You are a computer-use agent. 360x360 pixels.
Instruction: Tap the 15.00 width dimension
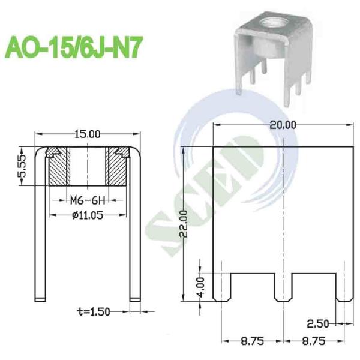(88, 134)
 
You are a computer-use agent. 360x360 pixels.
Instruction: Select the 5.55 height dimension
(22, 166)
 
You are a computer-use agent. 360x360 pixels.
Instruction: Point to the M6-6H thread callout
(88, 200)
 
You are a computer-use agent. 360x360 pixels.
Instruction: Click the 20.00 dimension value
(283, 125)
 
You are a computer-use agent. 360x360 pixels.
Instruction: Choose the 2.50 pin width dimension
(318, 324)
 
